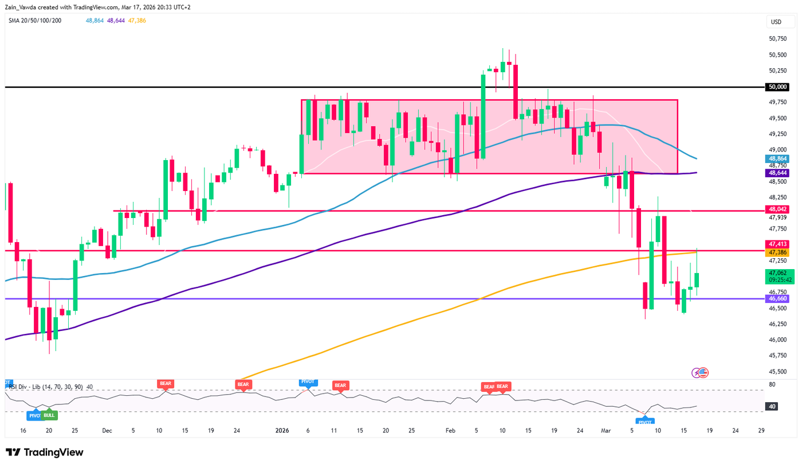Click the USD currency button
click(776, 22)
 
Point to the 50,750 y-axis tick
click(777, 39)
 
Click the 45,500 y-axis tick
click(777, 371)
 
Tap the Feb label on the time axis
click(450, 430)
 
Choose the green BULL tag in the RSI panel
click(49, 415)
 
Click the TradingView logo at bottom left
click(45, 452)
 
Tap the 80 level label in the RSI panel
click(772, 385)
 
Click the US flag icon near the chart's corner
click(703, 372)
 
